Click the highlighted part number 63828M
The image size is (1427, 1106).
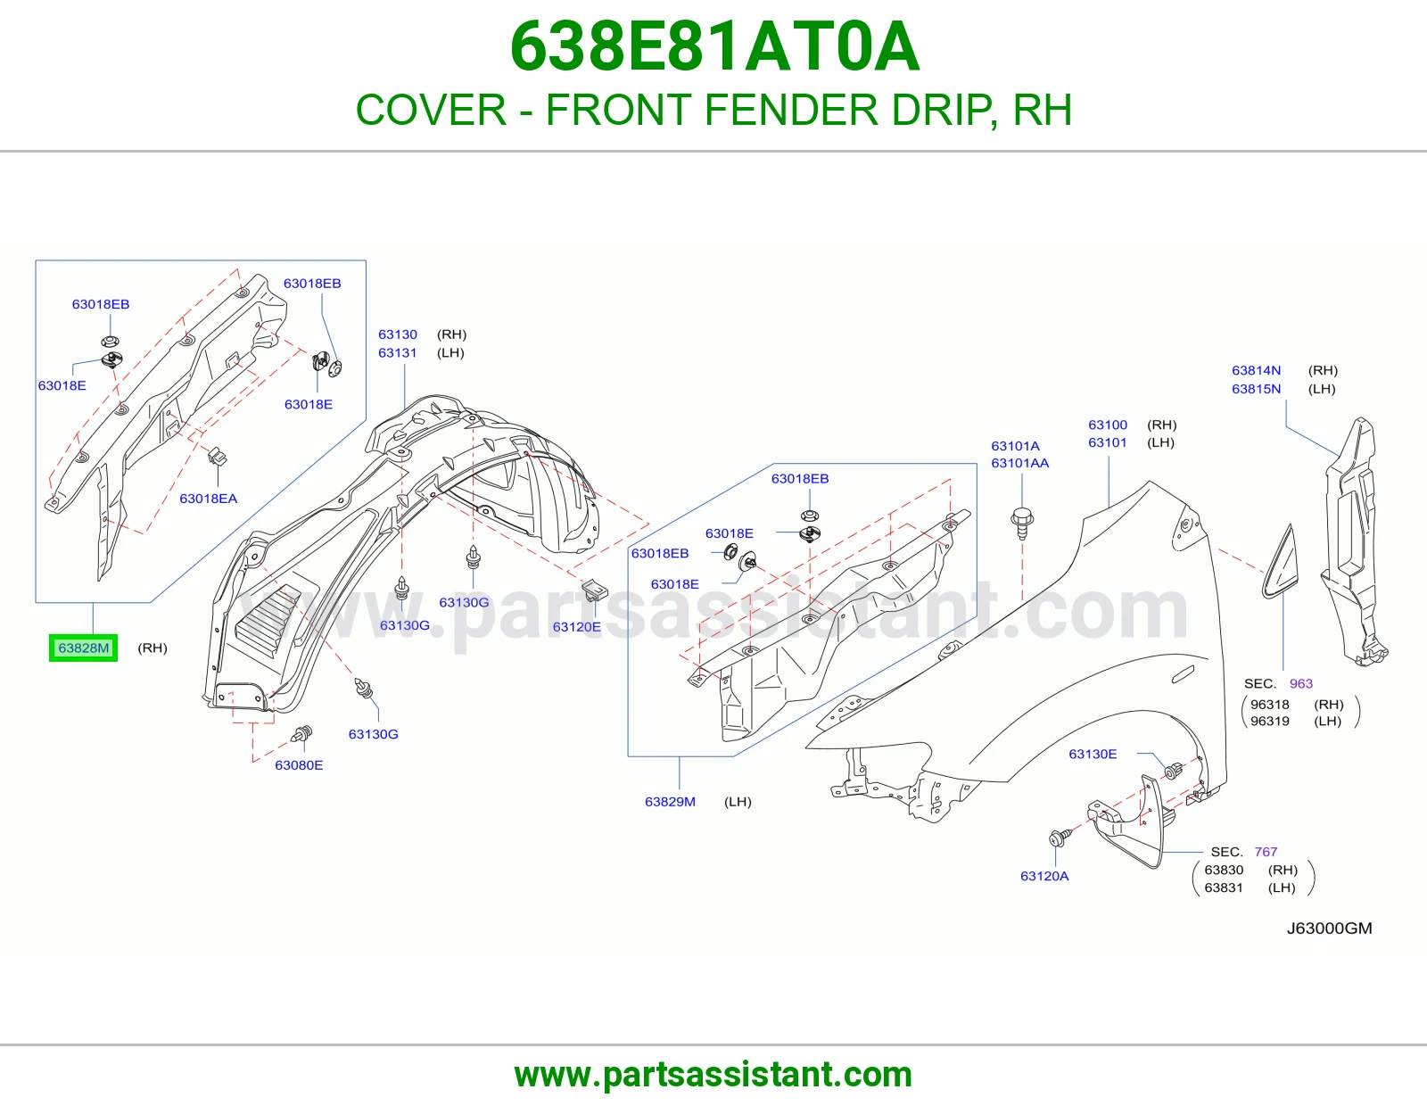[x=84, y=648]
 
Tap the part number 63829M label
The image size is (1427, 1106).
[x=670, y=801]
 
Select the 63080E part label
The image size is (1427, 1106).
[x=299, y=765]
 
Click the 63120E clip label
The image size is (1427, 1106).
[x=576, y=626]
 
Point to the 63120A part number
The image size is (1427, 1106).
[x=1044, y=876]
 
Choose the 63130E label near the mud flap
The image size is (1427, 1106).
[x=1093, y=754]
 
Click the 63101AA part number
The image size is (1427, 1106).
[x=1019, y=463]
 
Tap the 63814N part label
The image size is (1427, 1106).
[x=1257, y=370]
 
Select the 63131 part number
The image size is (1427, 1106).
[x=397, y=352]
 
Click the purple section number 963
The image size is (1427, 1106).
[x=1301, y=684]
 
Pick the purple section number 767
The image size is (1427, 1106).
[x=1266, y=852]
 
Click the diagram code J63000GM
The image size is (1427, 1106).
[x=1329, y=928]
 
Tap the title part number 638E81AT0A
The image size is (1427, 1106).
[x=714, y=46]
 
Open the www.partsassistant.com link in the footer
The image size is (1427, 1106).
[x=713, y=1075]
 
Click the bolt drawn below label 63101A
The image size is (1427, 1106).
[x=1022, y=523]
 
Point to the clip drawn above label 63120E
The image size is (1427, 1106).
[x=592, y=589]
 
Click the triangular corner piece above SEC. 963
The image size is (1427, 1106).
[x=1281, y=565]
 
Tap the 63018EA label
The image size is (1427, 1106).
[x=208, y=499]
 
